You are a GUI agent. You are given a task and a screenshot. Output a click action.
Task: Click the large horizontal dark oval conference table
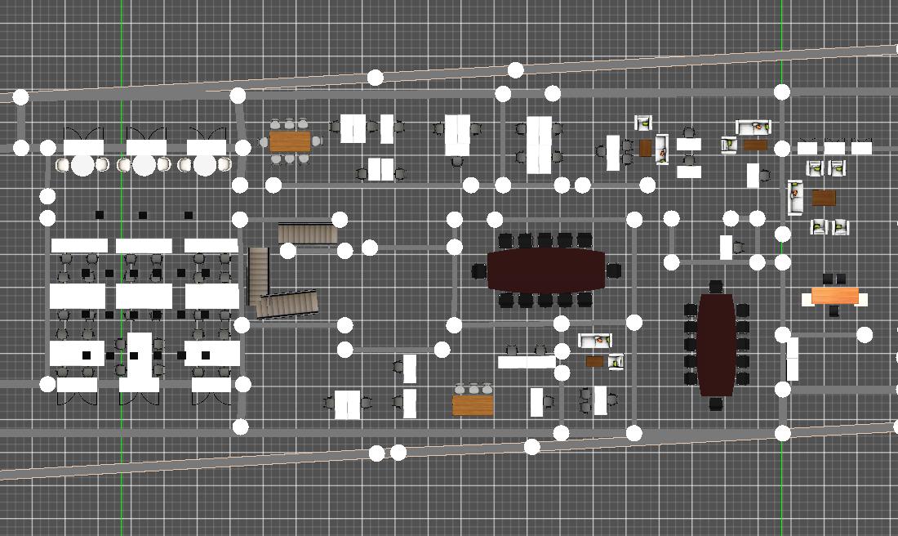[x=545, y=270]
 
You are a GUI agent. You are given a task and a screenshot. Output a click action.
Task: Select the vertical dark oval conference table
[x=716, y=344]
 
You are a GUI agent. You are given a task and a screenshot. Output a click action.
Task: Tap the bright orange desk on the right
[x=835, y=296]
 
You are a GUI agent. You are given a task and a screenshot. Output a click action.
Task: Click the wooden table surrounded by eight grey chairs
[x=291, y=141]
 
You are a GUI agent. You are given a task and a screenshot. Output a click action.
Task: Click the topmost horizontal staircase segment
[x=307, y=234]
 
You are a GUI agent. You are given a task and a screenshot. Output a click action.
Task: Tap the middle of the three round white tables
[x=144, y=165]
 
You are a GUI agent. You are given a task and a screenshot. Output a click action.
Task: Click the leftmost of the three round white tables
[x=83, y=165]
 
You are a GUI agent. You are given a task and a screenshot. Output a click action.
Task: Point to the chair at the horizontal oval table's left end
[x=479, y=270]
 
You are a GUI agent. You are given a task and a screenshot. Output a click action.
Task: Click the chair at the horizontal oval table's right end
[x=613, y=270]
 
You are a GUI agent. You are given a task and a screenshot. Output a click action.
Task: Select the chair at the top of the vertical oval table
[x=716, y=287]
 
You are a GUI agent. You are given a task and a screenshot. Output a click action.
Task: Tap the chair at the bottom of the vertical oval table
[x=716, y=403]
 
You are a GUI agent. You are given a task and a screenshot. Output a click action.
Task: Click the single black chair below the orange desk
[x=834, y=311]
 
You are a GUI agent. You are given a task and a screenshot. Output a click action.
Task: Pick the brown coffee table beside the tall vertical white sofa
[x=825, y=197]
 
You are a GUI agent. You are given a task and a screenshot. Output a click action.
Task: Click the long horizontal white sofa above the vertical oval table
[x=754, y=127]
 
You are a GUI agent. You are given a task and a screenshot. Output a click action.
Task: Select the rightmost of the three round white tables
[x=204, y=165]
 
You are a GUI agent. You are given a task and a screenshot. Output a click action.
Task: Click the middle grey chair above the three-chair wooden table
[x=473, y=388]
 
